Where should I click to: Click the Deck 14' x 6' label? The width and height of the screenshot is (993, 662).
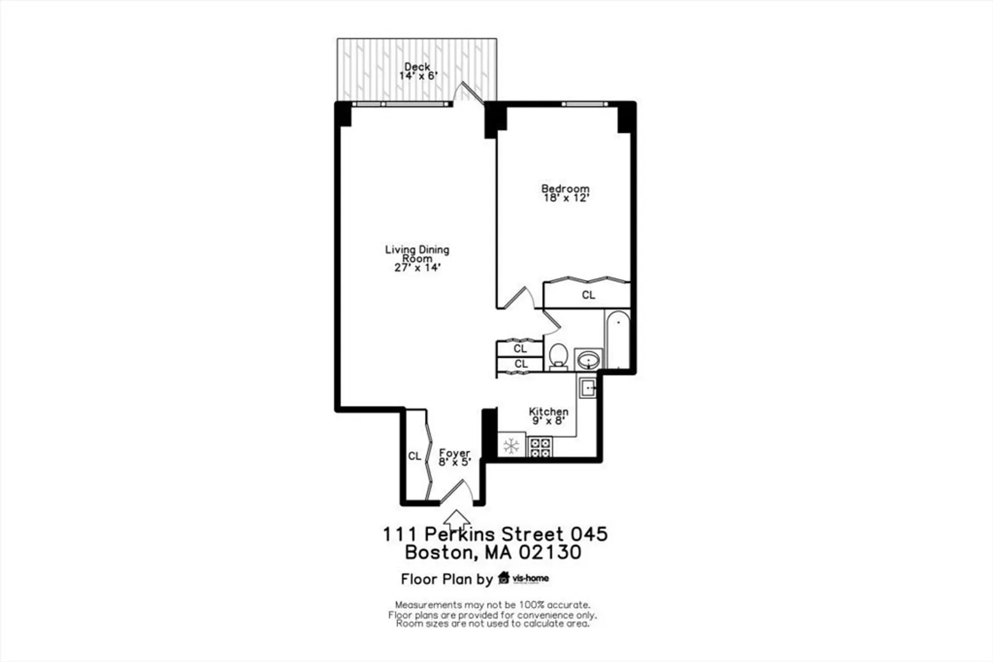click(418, 71)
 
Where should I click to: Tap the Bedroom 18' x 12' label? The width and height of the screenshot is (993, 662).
click(566, 193)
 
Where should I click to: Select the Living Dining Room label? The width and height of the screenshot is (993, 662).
click(417, 258)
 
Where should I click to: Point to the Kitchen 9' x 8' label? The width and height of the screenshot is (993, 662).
click(548, 416)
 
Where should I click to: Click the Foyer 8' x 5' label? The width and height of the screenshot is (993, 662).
click(454, 457)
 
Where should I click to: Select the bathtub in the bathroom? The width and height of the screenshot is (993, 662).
click(617, 340)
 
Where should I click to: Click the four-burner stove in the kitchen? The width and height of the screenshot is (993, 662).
click(540, 447)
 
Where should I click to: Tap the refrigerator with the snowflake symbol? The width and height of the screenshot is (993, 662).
click(512, 446)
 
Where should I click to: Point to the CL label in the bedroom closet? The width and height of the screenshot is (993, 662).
click(588, 295)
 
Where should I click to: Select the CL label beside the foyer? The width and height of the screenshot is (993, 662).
click(415, 456)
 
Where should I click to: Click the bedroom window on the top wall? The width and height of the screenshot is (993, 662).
click(585, 104)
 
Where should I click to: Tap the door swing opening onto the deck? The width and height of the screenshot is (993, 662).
click(469, 92)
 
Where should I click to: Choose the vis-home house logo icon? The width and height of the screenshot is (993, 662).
click(504, 578)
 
